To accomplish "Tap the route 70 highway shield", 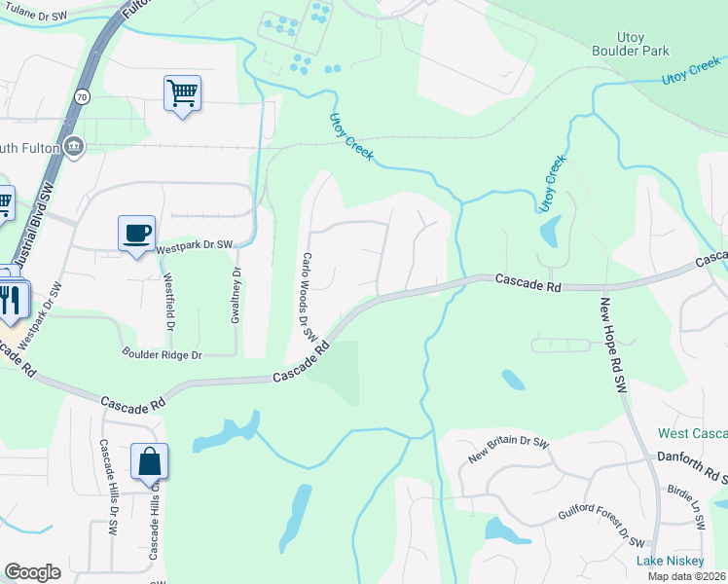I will pyautogui.click(x=80, y=97).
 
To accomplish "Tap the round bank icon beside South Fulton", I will pyautogui.click(x=74, y=147).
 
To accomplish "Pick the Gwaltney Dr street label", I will pyautogui.click(x=236, y=298).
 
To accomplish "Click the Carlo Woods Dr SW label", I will pyautogui.click(x=309, y=296).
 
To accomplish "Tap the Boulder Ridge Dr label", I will pyautogui.click(x=162, y=355).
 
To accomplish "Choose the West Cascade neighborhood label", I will pyautogui.click(x=692, y=433).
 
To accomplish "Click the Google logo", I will pyautogui.click(x=32, y=572).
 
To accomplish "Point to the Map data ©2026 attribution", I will pyautogui.click(x=686, y=576).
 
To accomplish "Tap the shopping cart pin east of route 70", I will pyautogui.click(x=182, y=93).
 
